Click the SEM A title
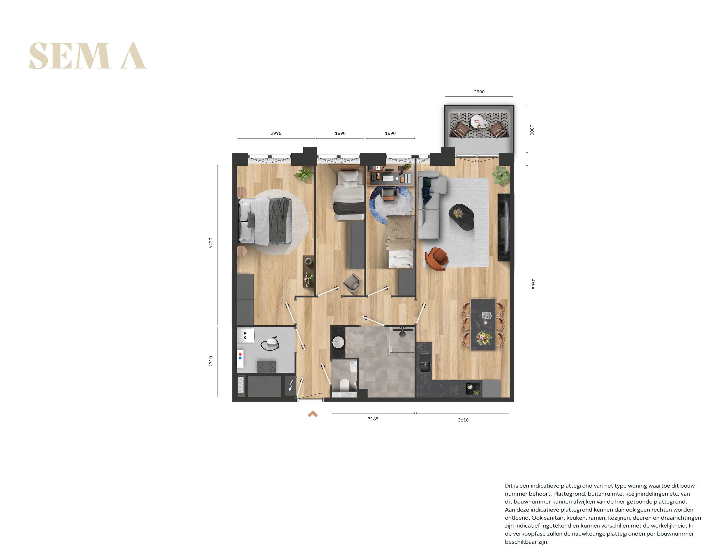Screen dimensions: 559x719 click(88, 56)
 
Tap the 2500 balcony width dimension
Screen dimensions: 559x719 click(479, 92)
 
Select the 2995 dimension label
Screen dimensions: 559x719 click(276, 133)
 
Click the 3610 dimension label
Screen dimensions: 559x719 click(463, 420)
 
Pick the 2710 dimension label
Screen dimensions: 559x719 click(211, 361)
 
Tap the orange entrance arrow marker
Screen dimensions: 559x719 click(313, 414)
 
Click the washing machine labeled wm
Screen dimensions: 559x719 click(245, 335)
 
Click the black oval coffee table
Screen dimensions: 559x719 click(461, 217)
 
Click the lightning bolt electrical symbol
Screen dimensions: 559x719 click(291, 385)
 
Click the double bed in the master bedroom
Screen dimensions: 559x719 click(265, 220)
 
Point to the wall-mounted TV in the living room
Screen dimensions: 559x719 click(503, 227)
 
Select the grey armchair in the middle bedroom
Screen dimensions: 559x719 click(352, 282)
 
